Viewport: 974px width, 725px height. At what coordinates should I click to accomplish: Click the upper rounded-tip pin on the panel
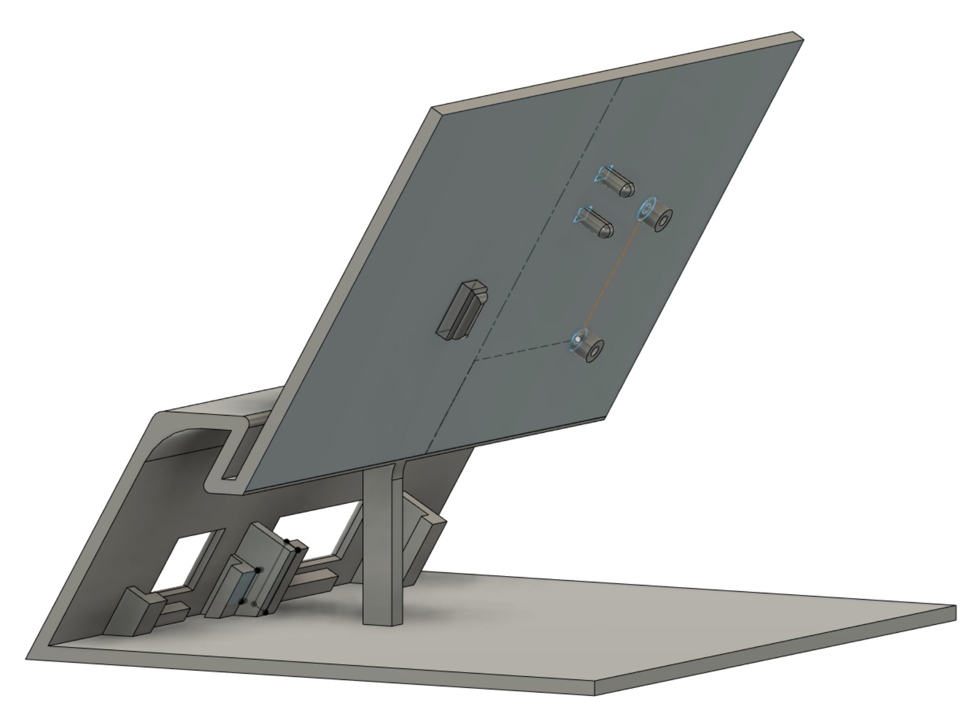coord(617,182)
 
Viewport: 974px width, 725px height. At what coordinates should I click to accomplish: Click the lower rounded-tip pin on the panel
coord(596,222)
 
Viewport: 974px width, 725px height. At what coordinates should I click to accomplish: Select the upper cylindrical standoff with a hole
coord(656,216)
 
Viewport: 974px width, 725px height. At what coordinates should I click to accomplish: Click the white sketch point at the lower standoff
coord(578,339)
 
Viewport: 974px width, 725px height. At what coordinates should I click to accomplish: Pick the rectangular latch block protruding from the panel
coord(460,311)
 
